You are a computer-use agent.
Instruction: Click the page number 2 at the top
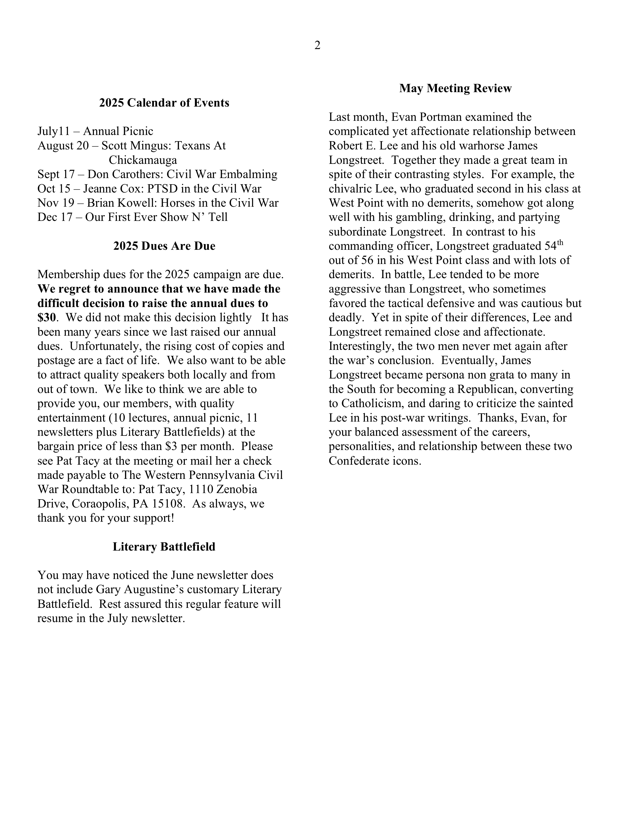(x=317, y=46)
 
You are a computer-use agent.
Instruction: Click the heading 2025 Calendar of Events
(x=164, y=103)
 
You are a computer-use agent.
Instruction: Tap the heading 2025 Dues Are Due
(x=164, y=246)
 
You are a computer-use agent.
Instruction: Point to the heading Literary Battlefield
(x=164, y=547)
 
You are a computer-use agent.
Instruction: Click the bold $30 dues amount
(x=47, y=318)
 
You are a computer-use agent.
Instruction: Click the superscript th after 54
(x=560, y=243)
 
